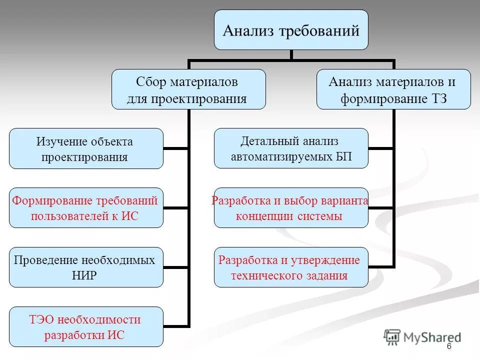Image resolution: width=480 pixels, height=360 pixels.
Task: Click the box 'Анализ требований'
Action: (291, 30)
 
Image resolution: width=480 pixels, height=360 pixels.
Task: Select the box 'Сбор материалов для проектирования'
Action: (188, 89)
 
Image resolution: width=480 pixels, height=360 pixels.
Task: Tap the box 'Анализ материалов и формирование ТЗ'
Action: (393, 89)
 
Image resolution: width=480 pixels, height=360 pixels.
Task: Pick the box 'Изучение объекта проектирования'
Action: (86, 148)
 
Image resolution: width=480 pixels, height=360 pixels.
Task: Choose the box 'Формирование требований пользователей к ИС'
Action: (86, 208)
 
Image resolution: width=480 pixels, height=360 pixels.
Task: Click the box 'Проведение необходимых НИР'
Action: (86, 267)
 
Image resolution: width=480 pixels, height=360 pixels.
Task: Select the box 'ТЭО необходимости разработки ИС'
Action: (86, 326)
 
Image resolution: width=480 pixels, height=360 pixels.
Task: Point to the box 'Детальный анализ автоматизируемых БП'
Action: (291, 148)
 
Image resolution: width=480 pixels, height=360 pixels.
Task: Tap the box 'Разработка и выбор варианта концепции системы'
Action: (291, 208)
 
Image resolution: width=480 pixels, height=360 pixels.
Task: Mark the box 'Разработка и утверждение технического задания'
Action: (291, 267)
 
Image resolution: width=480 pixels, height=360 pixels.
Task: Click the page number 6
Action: (449, 347)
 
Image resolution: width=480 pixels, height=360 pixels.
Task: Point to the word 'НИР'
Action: (84, 275)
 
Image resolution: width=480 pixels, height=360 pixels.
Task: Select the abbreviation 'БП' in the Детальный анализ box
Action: (343, 156)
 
